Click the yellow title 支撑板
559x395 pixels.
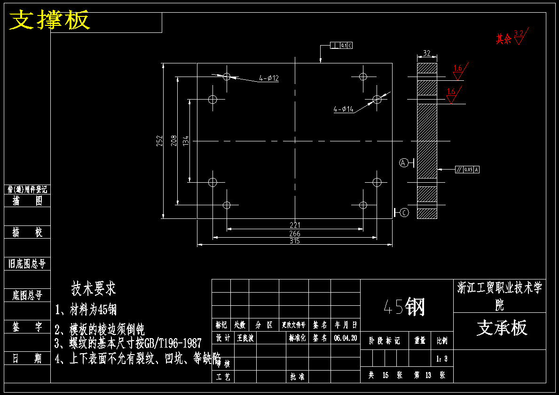click(50, 21)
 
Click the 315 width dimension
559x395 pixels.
click(295, 241)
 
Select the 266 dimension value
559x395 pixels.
click(295, 233)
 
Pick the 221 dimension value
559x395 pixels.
click(295, 225)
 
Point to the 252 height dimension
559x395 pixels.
click(159, 141)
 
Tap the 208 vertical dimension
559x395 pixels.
click(173, 141)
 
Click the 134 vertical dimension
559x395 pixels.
click(186, 140)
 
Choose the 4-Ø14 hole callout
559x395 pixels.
click(344, 109)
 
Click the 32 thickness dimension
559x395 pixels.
click(427, 54)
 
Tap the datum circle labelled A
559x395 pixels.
click(403, 163)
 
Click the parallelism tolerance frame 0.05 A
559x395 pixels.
click(467, 170)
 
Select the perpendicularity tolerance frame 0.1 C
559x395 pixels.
click(341, 46)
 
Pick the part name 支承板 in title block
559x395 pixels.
click(502, 328)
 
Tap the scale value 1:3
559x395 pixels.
click(442, 359)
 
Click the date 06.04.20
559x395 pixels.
click(346, 338)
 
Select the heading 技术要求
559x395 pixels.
click(94, 288)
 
